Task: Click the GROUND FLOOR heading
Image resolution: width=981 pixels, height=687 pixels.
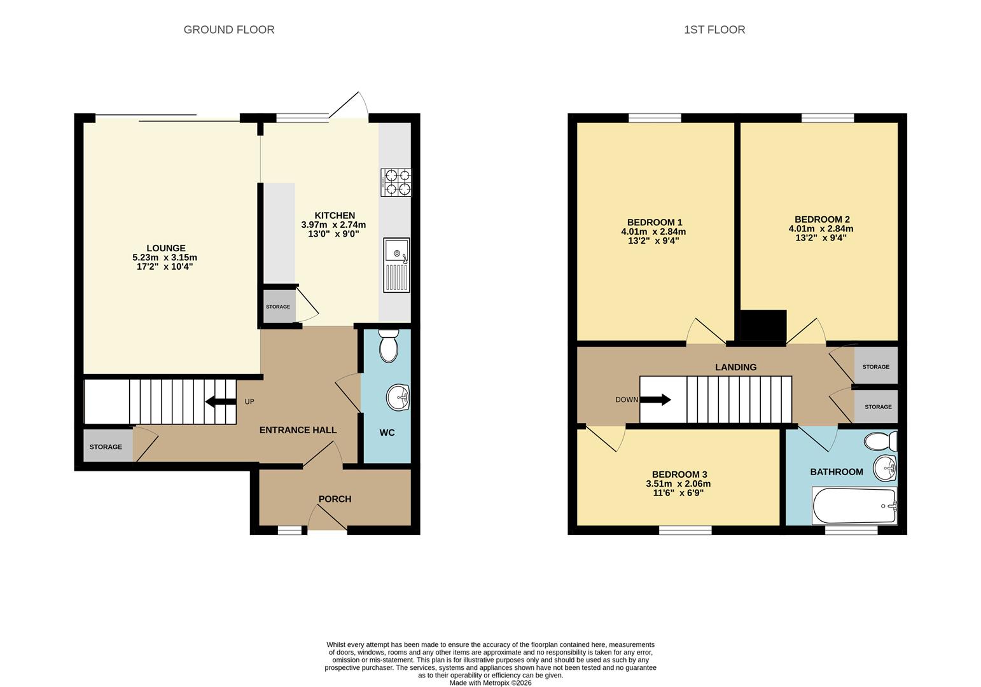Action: (229, 30)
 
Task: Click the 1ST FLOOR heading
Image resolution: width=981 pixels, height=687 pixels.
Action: (714, 30)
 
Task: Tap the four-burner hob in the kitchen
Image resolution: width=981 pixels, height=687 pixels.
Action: (396, 182)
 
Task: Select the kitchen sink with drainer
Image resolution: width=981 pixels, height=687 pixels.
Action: (396, 265)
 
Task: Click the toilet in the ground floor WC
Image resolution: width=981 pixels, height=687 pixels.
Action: (387, 345)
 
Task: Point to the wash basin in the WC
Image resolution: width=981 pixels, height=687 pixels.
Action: (399, 398)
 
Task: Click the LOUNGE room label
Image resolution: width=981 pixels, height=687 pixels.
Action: (166, 248)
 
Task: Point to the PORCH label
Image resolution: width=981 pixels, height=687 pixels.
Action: (335, 499)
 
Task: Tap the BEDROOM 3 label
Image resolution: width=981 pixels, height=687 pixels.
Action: (679, 475)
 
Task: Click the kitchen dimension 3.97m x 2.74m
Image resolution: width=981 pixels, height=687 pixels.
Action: (333, 225)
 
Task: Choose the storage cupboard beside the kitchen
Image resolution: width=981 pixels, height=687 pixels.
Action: (279, 307)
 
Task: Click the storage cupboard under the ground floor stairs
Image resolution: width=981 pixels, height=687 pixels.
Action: (106, 447)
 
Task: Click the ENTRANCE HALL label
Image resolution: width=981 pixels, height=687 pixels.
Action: (298, 430)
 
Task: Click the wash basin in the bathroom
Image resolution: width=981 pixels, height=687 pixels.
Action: (884, 469)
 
